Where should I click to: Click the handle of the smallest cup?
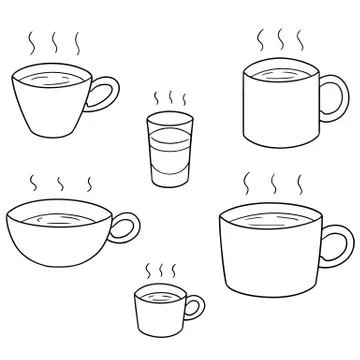tap(194, 306)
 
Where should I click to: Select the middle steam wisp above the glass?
tap(169, 98)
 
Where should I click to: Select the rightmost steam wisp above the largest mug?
tap(298, 186)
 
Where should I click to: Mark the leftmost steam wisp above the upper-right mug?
tap(261, 41)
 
